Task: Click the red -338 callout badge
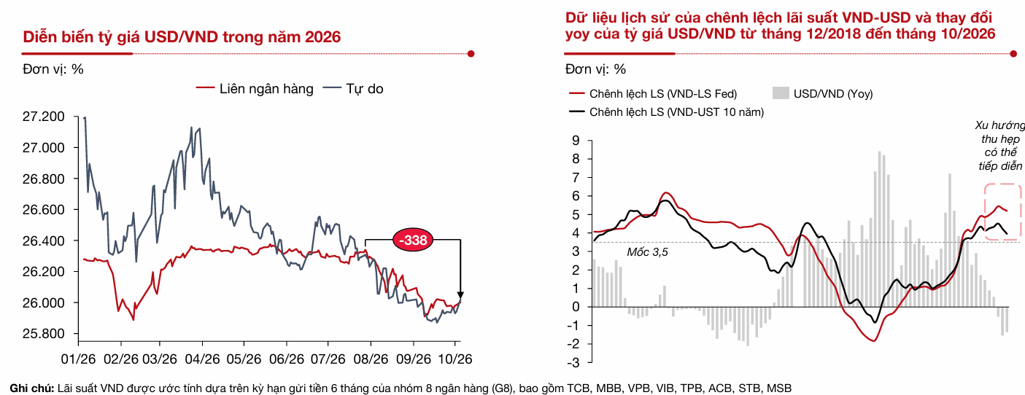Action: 413,240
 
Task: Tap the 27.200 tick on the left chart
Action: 44,117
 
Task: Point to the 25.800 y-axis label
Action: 44,334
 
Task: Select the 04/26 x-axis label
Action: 202,359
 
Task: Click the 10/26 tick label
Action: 455,359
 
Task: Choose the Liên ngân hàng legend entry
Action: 255,89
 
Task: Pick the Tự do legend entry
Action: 353,89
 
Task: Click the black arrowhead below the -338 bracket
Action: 460,295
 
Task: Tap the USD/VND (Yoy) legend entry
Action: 823,94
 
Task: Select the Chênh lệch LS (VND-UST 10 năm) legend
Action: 666,112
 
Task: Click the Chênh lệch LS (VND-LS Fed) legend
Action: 653,94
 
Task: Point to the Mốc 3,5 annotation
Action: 647,252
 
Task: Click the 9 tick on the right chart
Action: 576,141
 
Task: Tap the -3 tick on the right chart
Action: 573,362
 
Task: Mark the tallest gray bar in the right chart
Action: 880,229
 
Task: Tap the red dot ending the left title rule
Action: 471,54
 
